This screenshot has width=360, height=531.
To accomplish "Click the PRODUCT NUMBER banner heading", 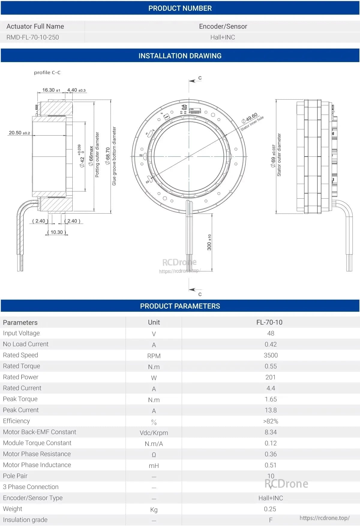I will (180, 8).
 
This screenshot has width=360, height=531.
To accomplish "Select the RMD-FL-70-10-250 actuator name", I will (33, 37).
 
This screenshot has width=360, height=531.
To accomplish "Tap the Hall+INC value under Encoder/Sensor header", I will (222, 37).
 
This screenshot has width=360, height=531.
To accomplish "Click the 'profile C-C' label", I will (47, 73).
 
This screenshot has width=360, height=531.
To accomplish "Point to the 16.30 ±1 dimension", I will (51, 90).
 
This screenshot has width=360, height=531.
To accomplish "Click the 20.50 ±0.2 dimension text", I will (19, 133).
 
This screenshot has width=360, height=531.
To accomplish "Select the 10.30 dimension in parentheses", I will (57, 232).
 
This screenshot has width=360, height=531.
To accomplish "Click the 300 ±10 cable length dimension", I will (209, 242).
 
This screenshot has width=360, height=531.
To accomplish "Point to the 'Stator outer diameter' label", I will (279, 155).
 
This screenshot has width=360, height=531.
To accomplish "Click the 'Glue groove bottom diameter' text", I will (114, 156).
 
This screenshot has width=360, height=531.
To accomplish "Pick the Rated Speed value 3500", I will (271, 355).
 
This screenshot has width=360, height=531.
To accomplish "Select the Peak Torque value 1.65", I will (271, 399).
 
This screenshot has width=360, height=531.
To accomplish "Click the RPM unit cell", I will (154, 356).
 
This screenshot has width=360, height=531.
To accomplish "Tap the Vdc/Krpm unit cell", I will (154, 433).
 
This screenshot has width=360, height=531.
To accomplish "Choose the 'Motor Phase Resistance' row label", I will (37, 454).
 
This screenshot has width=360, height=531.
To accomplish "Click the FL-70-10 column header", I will (269, 322).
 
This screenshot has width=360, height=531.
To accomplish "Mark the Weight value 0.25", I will (270, 509).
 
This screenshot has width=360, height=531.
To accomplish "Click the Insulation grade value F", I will (271, 520).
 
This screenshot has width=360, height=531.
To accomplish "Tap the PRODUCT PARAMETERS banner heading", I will (180, 306).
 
